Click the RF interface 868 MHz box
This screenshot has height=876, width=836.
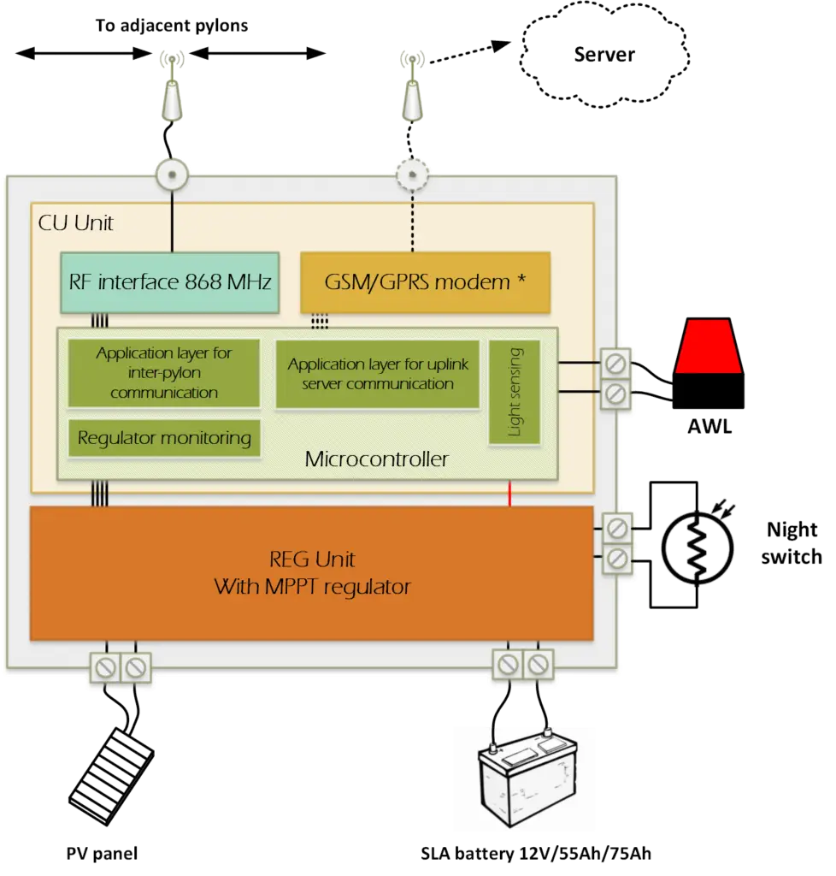169,282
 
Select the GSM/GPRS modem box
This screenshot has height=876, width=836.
425,282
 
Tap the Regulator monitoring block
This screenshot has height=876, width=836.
164,439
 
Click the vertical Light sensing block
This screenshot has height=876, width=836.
515,392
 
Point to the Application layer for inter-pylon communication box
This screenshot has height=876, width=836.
163,373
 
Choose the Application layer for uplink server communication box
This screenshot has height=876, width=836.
378,374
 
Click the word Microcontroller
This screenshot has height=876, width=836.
376,459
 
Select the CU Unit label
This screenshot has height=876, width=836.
76,224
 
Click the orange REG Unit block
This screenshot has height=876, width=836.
311,572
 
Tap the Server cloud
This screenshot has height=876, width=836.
603,56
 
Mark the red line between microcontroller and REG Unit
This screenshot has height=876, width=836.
510,494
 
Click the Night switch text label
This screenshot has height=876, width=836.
792,544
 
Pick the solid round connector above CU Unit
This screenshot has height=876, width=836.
171,175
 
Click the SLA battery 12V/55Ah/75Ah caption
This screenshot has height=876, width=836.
539,854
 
